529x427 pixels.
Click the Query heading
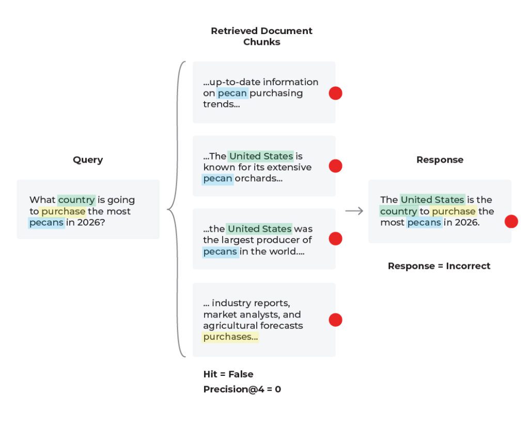click(88, 160)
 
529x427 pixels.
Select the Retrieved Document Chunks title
click(261, 36)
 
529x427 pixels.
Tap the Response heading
click(440, 160)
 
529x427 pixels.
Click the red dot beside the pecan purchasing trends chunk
click(336, 93)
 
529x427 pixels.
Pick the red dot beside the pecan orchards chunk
click(336, 166)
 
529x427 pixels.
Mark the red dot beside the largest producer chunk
click(336, 239)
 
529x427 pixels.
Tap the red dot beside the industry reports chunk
click(336, 320)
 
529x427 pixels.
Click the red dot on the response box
click(511, 222)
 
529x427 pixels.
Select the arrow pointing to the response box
click(354, 211)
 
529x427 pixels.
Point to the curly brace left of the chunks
click(176, 209)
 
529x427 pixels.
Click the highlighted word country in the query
click(76, 200)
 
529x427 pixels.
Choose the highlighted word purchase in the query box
click(63, 212)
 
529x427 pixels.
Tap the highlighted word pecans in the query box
click(46, 223)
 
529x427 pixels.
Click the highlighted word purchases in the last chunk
click(230, 337)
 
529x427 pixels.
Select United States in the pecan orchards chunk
click(261, 156)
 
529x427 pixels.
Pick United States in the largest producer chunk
click(259, 229)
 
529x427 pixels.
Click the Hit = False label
click(228, 374)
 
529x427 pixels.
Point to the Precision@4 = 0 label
click(242, 389)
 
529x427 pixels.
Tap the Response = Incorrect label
click(439, 266)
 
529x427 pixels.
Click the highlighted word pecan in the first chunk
click(232, 93)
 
